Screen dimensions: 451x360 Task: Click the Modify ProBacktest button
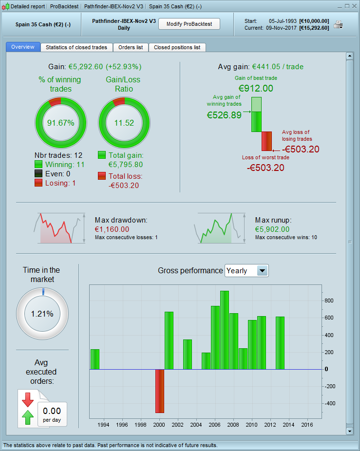coord(189,24)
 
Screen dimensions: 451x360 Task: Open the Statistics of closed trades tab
coord(76,47)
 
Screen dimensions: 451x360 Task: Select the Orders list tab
coord(131,47)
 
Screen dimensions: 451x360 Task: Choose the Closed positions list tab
coord(177,47)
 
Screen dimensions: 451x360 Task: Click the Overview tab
coord(23,47)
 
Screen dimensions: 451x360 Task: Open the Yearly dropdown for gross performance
coord(263,271)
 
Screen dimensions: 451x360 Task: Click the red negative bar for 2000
coord(160,391)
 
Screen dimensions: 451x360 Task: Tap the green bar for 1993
coord(95,359)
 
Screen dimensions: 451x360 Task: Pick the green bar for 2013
coord(280,343)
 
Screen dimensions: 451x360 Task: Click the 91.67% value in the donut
coord(60,123)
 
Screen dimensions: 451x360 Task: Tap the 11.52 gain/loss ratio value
coord(124,123)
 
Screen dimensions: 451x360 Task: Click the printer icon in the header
coord(338,25)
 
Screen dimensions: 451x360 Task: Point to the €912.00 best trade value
coord(256,88)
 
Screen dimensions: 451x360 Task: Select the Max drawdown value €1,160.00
coord(112,229)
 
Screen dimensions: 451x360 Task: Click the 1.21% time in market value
coord(42,314)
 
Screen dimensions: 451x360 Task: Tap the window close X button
coord(354,6)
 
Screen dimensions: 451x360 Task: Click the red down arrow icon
coord(27,399)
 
